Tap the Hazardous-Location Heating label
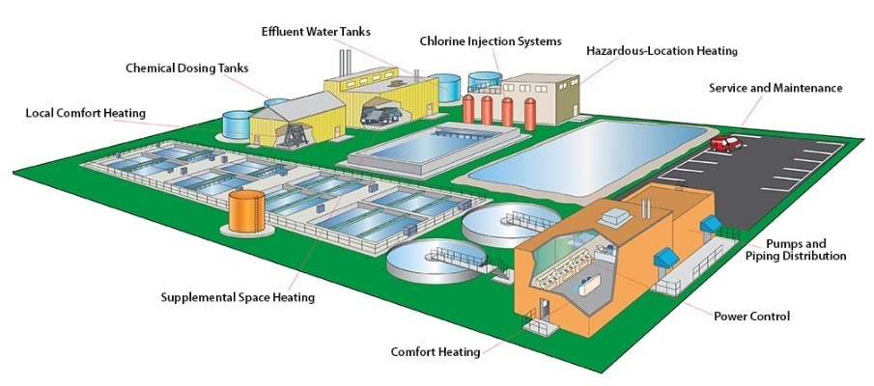coord(662,49)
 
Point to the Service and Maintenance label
coord(775,88)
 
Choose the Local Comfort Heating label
coord(85,113)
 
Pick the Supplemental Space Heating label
coord(238,297)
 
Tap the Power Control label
coord(751,316)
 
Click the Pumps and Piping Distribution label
coord(806,250)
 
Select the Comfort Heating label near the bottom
coord(435,351)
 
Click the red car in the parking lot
coord(725,143)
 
